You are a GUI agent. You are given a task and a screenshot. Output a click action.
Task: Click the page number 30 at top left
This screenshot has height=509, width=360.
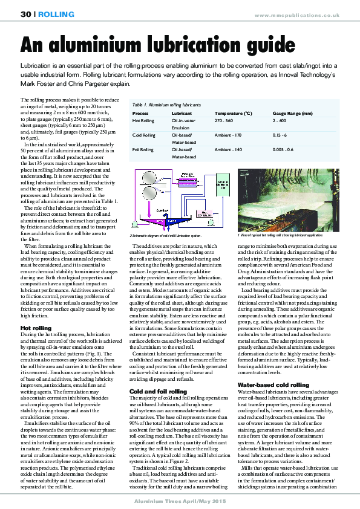pos(26,14)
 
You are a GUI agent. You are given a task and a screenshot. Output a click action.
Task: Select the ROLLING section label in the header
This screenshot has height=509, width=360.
pos(56,14)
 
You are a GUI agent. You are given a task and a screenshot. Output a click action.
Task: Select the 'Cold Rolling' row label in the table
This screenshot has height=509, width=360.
pos(144,135)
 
